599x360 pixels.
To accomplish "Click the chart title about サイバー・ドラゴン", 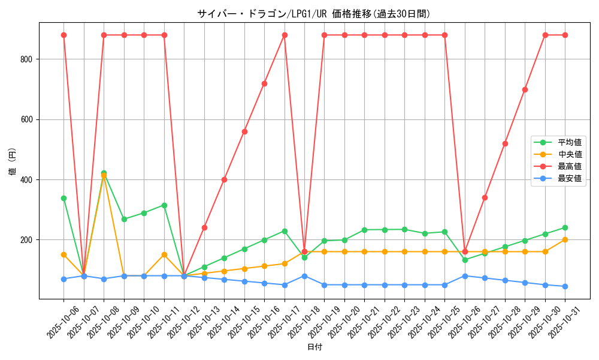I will (x=314, y=14).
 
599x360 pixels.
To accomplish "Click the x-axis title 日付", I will (x=314, y=347).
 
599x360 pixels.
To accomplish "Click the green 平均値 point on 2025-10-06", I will (x=63, y=198).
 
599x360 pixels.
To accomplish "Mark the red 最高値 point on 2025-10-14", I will (x=224, y=179).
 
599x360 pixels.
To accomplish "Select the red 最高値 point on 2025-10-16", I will (x=264, y=83).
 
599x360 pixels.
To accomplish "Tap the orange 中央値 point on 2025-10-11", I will (x=164, y=254).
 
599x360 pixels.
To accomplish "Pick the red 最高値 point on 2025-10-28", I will (x=505, y=143).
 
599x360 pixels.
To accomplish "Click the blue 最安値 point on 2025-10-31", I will (x=565, y=286).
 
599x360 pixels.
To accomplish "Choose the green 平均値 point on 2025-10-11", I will (x=164, y=205).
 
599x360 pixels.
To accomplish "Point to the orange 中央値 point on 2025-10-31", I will (x=565, y=239).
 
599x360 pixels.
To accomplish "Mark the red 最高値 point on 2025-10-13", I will (x=204, y=227).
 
